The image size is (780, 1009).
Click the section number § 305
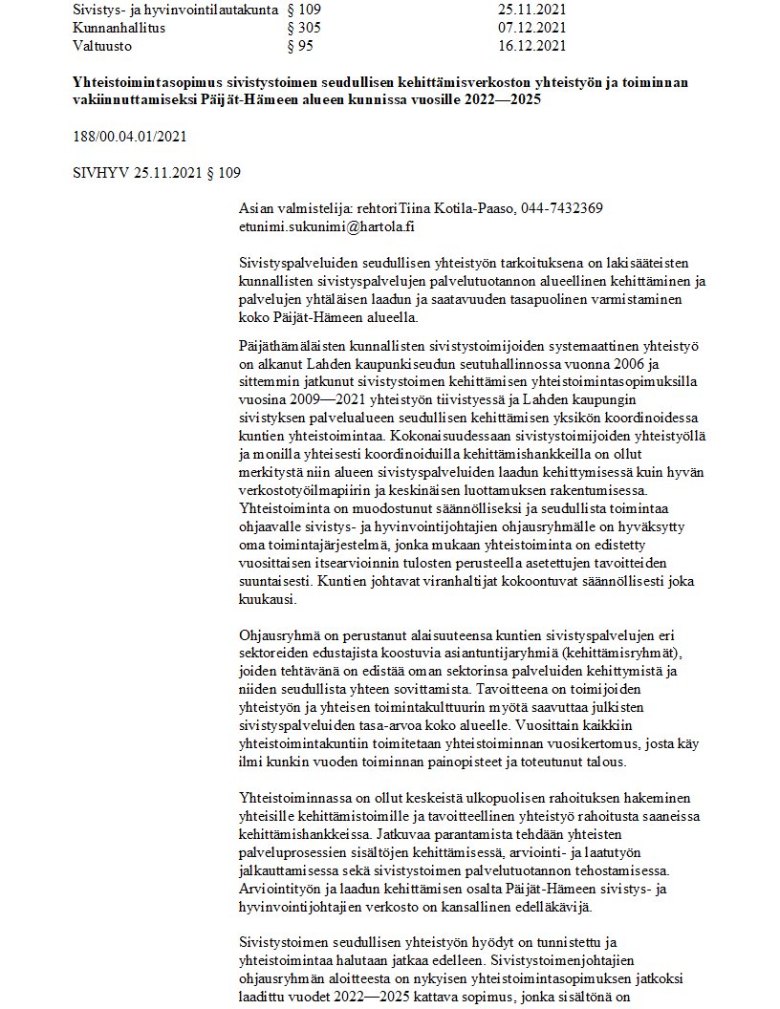(x=303, y=29)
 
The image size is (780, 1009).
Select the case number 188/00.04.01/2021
(x=129, y=137)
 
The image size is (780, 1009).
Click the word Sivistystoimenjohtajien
(x=562, y=956)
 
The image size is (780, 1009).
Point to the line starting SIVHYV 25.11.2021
(x=157, y=172)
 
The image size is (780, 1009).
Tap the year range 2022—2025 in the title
(x=519, y=100)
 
